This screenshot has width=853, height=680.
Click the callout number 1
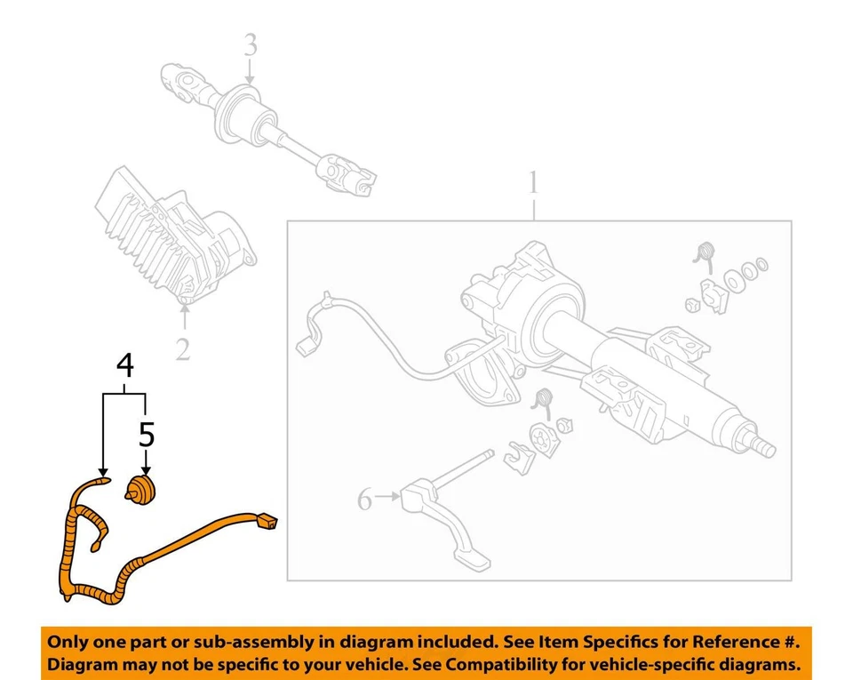point(533,185)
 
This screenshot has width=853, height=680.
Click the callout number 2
point(182,349)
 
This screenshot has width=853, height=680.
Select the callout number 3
point(251,44)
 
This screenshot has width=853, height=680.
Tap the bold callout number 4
point(126,365)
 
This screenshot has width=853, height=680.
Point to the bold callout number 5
point(147,435)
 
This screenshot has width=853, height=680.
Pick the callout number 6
point(365,500)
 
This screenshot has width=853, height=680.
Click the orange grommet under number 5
point(140,490)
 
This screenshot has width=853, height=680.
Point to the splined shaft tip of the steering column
point(762,443)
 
